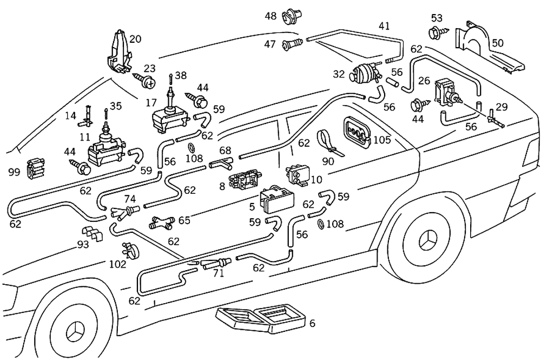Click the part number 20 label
pyautogui.click(x=135, y=39)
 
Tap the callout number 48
pyautogui.click(x=270, y=16)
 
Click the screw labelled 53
pyautogui.click(x=435, y=33)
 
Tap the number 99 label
pyautogui.click(x=14, y=172)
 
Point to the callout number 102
pyautogui.click(x=117, y=265)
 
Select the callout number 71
pyautogui.click(x=218, y=274)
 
